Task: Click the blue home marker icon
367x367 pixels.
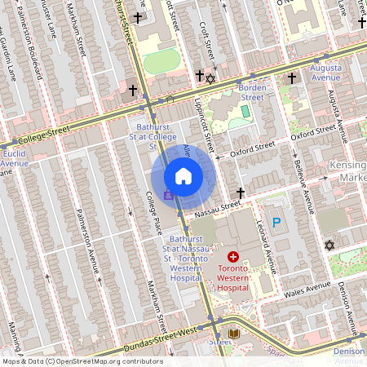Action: [183, 176]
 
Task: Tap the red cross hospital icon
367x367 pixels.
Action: [232, 256]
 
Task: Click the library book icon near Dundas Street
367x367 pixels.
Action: [234, 334]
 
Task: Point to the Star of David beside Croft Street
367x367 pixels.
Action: [210, 79]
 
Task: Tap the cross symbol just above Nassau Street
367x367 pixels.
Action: [240, 193]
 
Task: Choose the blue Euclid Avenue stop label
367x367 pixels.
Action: [15, 158]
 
